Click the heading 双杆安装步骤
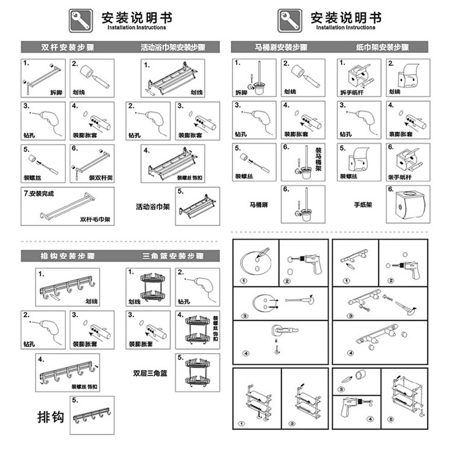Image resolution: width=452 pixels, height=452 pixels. tap(61, 47)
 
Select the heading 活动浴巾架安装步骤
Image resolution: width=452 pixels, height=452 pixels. tap(173, 47)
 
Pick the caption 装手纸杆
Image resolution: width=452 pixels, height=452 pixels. tap(400, 177)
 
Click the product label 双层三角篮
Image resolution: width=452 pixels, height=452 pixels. tap(150, 372)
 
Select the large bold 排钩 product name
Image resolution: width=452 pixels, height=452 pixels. tap(51, 416)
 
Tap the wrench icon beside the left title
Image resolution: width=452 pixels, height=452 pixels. tap(81, 20)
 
